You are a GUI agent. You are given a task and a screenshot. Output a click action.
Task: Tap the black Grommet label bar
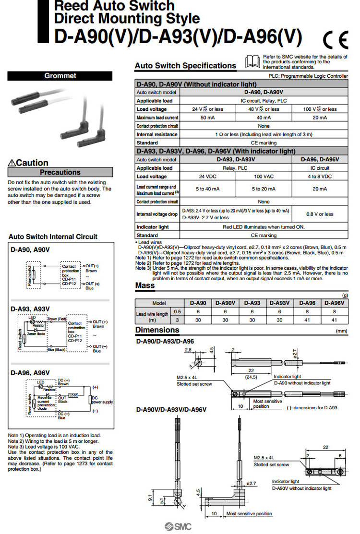coord(60,76)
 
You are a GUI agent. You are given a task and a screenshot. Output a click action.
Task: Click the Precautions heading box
coord(60,172)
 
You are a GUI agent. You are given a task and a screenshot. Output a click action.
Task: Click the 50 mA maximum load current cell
coord(207,118)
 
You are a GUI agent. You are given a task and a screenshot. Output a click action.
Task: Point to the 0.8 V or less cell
coord(320,214)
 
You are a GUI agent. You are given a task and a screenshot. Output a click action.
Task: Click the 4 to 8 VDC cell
coord(320,177)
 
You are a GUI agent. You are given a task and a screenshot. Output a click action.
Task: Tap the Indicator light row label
coord(153,227)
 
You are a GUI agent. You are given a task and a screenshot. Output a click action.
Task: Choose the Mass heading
coord(145,286)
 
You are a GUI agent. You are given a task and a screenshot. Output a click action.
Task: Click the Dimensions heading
coord(157,330)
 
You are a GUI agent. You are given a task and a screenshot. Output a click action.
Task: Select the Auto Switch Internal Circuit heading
coord(53,237)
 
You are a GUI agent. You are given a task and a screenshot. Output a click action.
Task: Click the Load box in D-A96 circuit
coord(73,395)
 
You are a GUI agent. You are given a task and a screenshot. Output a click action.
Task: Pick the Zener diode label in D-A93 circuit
coord(36,333)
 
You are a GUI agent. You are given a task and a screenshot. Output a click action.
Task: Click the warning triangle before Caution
coord(12,163)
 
